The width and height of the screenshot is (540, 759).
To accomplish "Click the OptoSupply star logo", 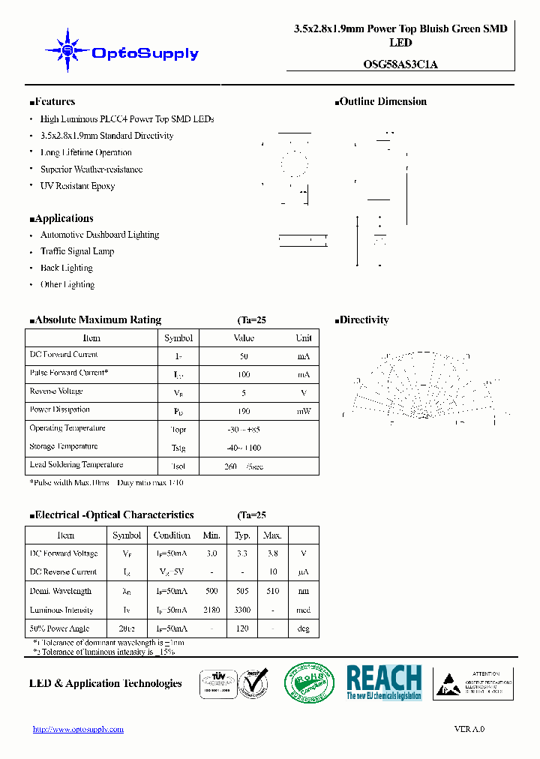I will point(67,50).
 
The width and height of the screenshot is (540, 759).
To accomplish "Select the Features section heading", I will point(52,102).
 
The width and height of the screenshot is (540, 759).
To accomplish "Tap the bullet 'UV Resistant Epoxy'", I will point(77,186).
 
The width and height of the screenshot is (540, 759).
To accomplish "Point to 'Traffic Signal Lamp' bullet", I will point(77,251).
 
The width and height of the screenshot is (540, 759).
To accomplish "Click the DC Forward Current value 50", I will point(244,355).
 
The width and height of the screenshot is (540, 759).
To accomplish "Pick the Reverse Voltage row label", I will point(56,391).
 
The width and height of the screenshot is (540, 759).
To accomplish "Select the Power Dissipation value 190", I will point(244,411).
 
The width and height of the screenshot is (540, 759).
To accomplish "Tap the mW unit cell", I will point(303,411).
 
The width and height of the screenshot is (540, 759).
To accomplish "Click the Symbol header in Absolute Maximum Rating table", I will point(178,338).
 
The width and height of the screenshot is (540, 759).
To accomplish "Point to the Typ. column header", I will point(242,535).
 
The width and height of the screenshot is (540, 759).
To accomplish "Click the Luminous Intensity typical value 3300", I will point(242,610).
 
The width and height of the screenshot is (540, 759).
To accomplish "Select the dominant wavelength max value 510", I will point(271,591).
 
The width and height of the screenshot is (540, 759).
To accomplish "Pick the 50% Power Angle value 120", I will point(242,629).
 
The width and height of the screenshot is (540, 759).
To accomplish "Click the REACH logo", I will point(384,682).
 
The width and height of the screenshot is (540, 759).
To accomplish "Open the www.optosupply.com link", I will point(78,729).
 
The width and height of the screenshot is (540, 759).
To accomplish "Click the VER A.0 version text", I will point(469,729).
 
